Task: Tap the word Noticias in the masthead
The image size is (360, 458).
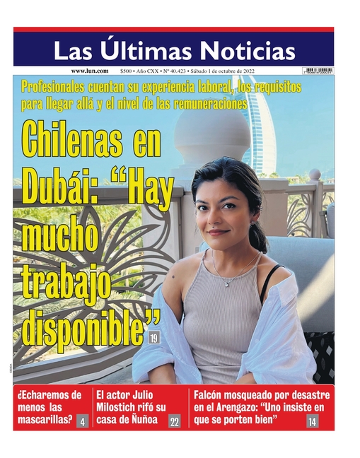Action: [x=248, y=50]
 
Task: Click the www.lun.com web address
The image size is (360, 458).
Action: [x=89, y=71]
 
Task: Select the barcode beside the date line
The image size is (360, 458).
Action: [x=317, y=71]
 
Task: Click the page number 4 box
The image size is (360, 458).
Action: [x=83, y=422]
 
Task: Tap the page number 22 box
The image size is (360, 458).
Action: [x=174, y=422]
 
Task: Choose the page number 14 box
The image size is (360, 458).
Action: [x=312, y=422]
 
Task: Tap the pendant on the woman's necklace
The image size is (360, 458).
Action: [x=228, y=283]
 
